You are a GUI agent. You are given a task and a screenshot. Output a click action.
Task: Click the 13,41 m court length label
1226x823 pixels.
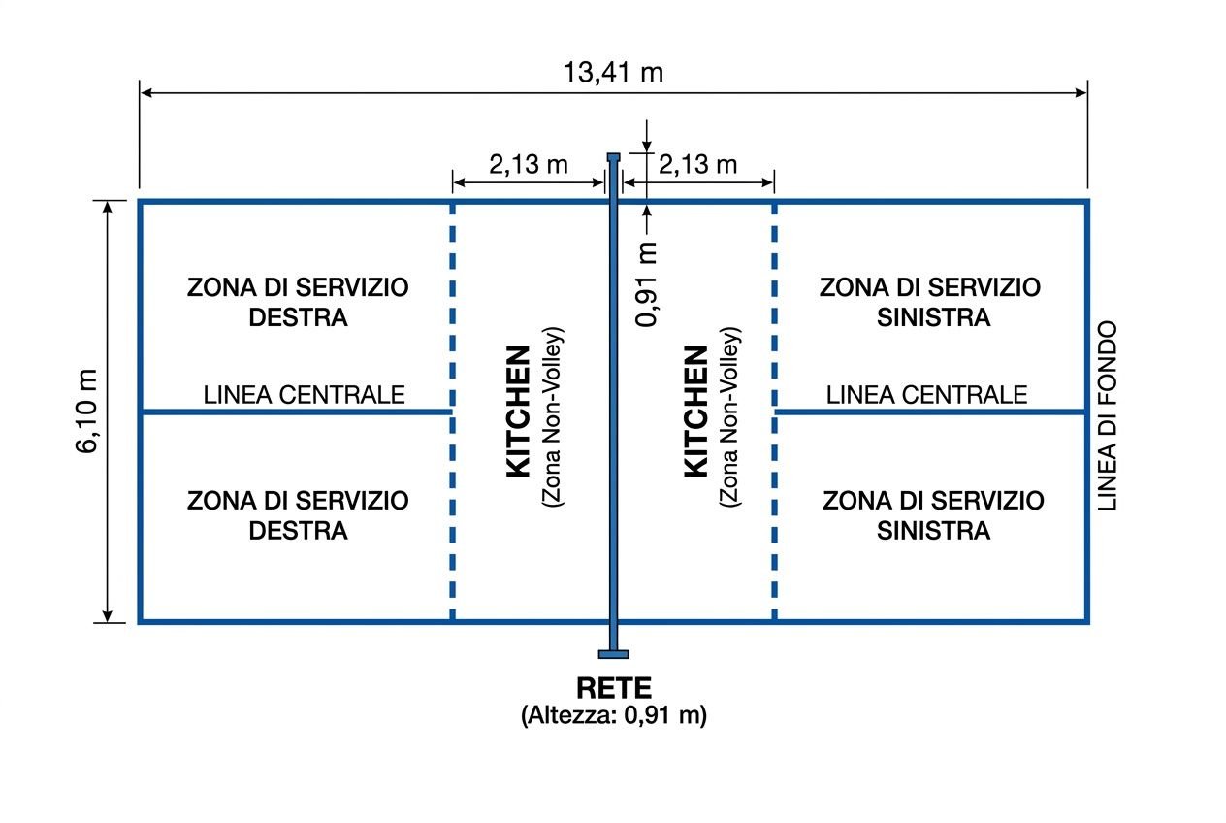pos(613,72)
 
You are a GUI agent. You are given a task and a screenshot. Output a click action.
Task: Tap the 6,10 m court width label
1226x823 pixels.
pos(88,411)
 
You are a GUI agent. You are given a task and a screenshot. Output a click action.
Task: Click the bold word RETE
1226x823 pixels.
pos(613,688)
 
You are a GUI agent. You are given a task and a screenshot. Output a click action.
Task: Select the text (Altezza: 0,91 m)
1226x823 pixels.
pos(613,716)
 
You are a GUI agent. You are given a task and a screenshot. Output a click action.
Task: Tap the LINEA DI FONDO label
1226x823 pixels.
pos(1109,415)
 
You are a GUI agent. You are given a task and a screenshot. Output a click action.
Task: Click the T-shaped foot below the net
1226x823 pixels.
pos(613,653)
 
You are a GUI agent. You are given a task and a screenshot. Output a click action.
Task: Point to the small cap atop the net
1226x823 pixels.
pos(613,156)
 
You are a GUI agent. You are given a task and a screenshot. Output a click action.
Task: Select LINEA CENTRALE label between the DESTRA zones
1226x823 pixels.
pos(304,395)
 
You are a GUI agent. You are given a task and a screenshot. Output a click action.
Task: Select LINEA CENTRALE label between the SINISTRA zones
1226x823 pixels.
pos(926,395)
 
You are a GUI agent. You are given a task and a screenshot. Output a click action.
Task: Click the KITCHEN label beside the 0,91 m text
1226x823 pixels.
pos(696,411)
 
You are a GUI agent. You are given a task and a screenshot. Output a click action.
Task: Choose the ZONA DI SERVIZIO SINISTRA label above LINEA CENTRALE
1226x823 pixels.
pos(930,302)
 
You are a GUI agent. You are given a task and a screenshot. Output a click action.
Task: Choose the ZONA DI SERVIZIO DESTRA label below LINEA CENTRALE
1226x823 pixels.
pos(298,515)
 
